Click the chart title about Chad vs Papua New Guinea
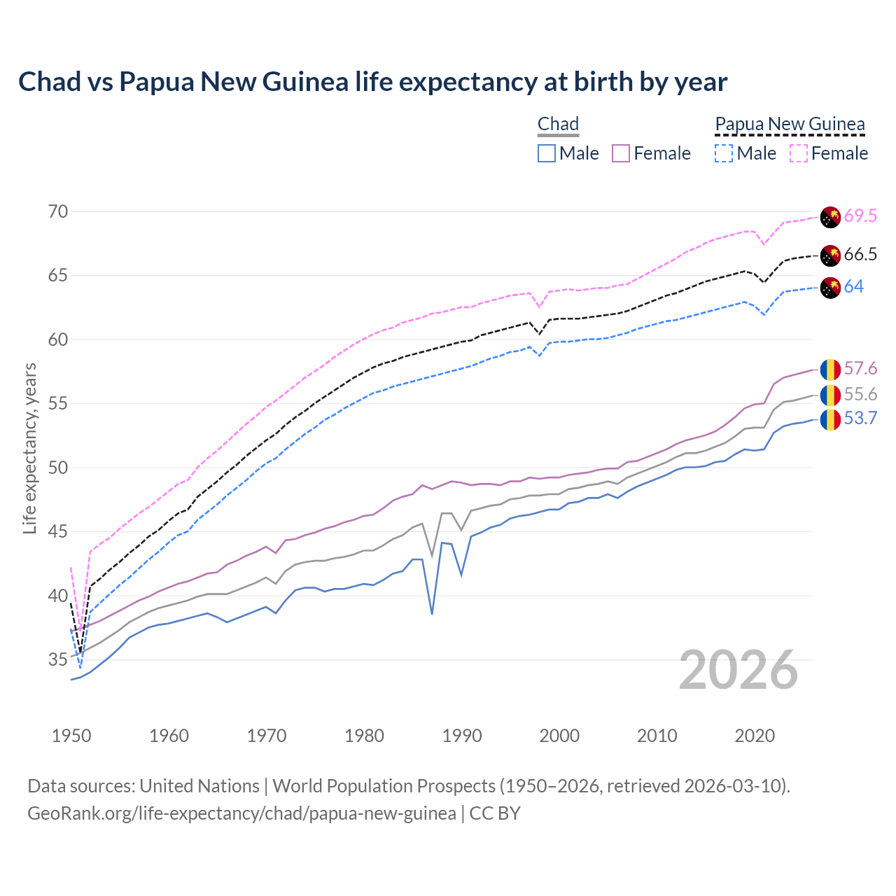(x=372, y=82)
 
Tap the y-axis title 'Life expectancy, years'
(x=29, y=448)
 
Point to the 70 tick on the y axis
(x=58, y=211)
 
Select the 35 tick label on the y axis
(x=58, y=659)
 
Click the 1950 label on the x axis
(x=71, y=736)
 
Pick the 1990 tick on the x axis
(x=462, y=736)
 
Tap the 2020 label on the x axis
(x=755, y=736)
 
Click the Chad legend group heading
(x=558, y=125)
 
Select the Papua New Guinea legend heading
(x=790, y=125)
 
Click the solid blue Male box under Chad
(x=547, y=153)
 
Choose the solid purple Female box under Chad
(x=621, y=153)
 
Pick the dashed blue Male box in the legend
(x=724, y=153)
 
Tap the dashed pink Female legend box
(x=798, y=153)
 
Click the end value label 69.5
(x=860, y=216)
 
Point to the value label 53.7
(x=860, y=419)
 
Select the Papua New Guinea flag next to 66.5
(x=830, y=255)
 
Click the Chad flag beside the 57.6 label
(x=830, y=369)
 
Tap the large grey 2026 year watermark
(x=738, y=670)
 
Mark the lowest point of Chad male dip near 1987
(x=432, y=614)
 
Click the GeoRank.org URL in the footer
(x=241, y=813)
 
